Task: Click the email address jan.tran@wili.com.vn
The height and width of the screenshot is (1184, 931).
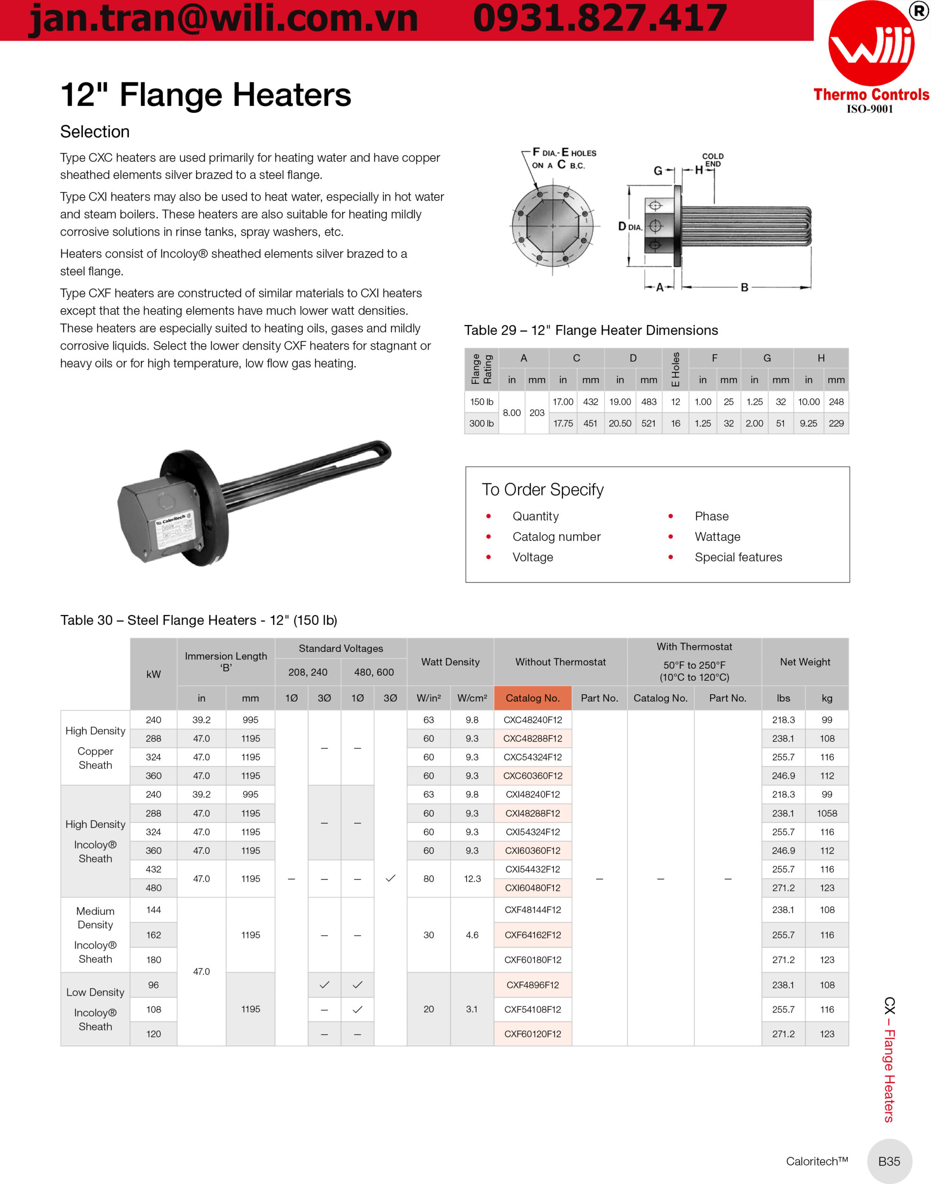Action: [x=223, y=19]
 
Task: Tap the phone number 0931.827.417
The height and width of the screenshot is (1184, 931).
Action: [x=600, y=19]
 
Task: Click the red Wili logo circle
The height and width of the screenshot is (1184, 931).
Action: [x=870, y=43]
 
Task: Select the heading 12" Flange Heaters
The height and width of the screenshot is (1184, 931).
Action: [x=206, y=95]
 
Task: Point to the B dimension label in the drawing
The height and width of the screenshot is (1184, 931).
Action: [x=744, y=287]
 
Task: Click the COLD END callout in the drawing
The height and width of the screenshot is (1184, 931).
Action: [x=712, y=160]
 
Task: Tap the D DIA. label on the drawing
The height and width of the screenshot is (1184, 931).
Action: [x=630, y=226]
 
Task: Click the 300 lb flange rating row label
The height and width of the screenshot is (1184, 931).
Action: [x=481, y=423]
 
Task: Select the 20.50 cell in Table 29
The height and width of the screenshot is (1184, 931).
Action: [x=620, y=423]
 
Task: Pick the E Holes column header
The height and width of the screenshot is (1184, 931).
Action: [x=675, y=369]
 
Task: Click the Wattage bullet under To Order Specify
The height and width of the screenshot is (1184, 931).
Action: [x=717, y=536]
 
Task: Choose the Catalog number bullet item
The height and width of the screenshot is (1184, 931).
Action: [x=556, y=536]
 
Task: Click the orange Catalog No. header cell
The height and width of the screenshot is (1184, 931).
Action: [x=533, y=698]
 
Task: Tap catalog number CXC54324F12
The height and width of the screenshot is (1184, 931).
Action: [x=533, y=757]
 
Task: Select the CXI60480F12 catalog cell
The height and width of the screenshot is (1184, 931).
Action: [x=533, y=888]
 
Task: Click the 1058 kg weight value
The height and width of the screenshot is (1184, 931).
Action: [x=827, y=813]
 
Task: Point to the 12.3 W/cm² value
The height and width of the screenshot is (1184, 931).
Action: [x=472, y=879]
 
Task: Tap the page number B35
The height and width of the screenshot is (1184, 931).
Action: [x=889, y=1161]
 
